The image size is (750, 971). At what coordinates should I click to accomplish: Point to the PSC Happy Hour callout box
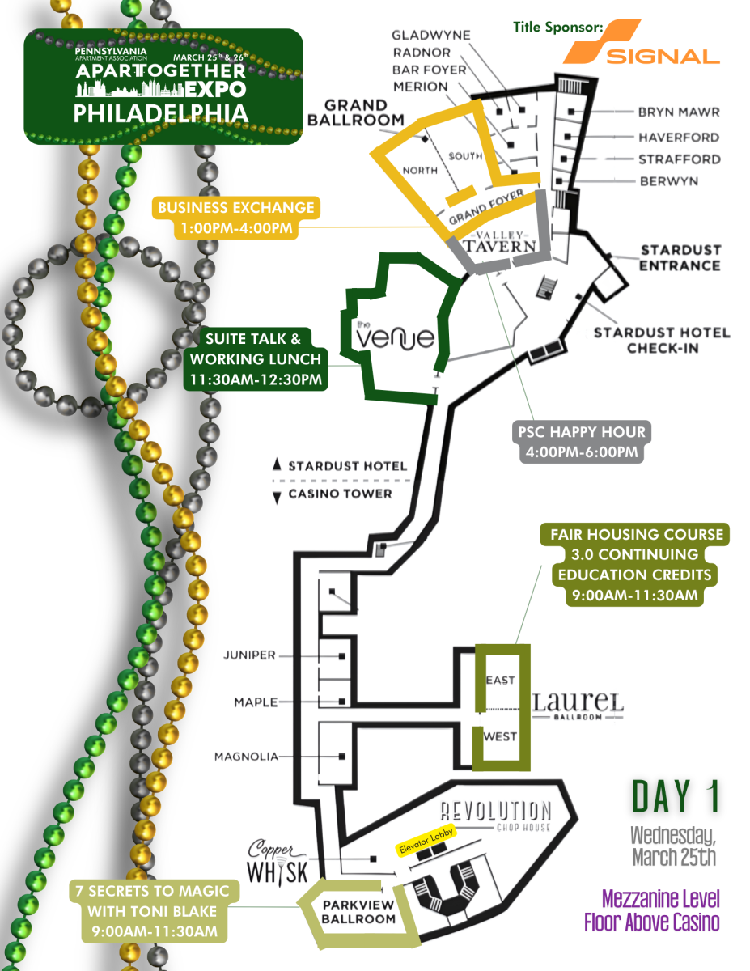point(578,441)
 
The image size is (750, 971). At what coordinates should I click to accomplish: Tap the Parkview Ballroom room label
point(359,912)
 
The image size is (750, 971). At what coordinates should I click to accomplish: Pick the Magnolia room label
point(246,757)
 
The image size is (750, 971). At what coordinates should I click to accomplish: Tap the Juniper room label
point(249,655)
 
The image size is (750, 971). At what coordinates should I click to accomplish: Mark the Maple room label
point(256,702)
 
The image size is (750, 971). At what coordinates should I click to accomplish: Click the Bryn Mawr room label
point(678,112)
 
